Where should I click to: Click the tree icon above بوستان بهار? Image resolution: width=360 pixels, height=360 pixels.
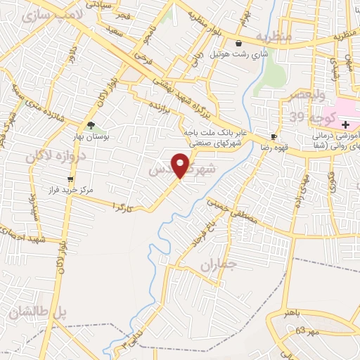point(90,126)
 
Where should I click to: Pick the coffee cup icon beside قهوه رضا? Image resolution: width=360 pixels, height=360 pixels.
point(274,136)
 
